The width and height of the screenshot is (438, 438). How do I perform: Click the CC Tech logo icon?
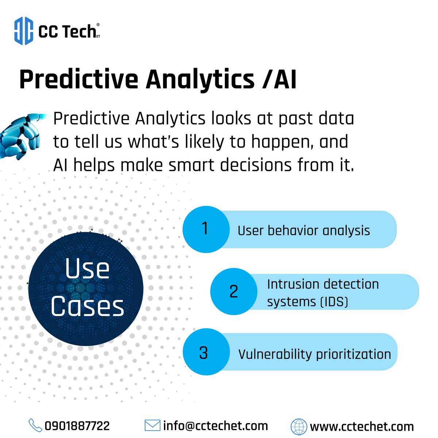tap(24, 31)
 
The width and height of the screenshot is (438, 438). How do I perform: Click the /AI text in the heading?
tap(279, 79)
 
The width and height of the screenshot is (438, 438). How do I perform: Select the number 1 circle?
tap(205, 229)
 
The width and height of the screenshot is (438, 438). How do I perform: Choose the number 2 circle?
tap(234, 292)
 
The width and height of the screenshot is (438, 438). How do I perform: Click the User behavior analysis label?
tap(304, 231)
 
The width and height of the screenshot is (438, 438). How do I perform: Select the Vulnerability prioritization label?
tap(314, 354)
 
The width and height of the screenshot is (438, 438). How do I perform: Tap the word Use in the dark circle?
tap(87, 269)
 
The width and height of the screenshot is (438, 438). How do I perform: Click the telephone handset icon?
tap(35, 426)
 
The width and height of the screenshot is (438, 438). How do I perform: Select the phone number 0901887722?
tap(77, 426)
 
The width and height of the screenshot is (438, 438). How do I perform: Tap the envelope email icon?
tap(152, 426)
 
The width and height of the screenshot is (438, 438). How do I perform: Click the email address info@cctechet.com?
tap(215, 426)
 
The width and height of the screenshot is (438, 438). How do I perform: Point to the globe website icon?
tap(299, 426)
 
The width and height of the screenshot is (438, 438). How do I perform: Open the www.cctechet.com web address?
tap(362, 426)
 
